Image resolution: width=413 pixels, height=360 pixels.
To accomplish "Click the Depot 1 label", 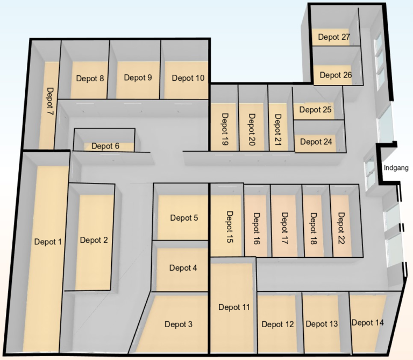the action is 48,242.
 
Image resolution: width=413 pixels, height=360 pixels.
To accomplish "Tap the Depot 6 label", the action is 105,146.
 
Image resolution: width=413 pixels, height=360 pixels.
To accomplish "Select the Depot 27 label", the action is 334,37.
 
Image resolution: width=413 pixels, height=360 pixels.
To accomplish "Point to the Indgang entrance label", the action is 396,168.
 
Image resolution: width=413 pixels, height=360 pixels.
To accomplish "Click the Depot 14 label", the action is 367,322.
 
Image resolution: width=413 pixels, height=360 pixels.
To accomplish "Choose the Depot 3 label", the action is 179,324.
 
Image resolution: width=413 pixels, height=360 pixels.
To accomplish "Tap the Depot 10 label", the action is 188,78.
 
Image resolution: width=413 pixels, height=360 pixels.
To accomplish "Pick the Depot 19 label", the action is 225,129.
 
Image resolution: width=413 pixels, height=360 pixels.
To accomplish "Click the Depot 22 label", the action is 341,228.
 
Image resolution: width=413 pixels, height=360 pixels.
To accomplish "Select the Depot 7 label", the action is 50,101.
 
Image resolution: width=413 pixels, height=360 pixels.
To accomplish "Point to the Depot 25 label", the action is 315,110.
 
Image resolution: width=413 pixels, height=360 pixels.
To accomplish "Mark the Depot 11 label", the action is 234,307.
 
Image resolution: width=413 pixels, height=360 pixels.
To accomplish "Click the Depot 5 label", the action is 184,218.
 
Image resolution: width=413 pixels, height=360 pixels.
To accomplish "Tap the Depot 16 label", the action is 257,229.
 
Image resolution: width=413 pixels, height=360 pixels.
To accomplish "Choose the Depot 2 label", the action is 94,240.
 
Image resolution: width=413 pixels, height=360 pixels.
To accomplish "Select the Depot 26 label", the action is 336,75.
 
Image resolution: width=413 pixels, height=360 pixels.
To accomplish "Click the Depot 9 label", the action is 138,77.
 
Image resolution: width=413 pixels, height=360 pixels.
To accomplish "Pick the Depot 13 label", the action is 322,324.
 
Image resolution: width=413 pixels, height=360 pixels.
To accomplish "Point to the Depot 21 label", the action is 278,129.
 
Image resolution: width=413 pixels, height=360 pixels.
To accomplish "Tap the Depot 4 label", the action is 183,268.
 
